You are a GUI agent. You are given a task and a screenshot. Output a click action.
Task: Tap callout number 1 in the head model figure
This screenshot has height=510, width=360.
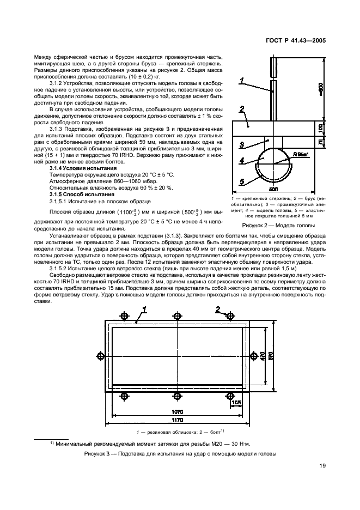coord(241,81)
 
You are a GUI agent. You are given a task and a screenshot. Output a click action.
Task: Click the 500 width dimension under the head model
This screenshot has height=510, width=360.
coord(275,189)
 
